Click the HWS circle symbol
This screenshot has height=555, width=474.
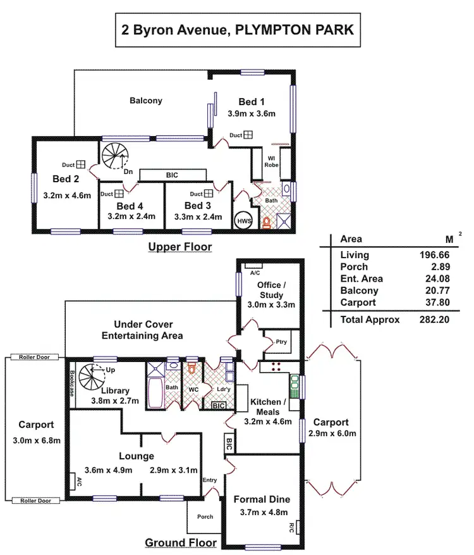(243, 221)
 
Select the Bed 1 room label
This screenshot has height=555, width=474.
(252, 102)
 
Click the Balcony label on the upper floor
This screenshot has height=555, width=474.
(146, 100)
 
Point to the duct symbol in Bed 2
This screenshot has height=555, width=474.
(80, 165)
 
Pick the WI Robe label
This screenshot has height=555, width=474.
(271, 161)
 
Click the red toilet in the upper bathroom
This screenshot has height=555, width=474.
(267, 222)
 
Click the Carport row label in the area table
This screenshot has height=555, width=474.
(358, 302)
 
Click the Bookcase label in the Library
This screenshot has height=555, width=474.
(73, 383)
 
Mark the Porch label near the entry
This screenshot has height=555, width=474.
(205, 516)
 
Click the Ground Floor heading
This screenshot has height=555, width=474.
(181, 542)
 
